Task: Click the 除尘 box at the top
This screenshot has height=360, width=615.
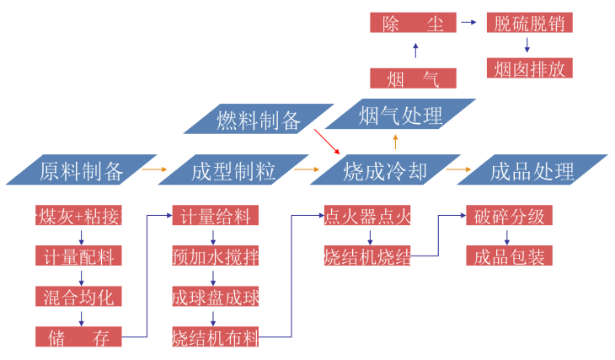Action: [413, 24]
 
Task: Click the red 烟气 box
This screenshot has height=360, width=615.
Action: [413, 79]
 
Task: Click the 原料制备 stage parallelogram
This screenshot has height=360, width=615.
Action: [81, 171]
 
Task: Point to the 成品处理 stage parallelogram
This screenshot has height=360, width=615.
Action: [532, 171]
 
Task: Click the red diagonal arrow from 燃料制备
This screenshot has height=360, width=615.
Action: [326, 141]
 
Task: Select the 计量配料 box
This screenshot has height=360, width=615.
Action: [79, 255]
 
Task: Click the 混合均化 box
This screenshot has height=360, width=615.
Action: [79, 296]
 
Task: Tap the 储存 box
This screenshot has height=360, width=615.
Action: [79, 337]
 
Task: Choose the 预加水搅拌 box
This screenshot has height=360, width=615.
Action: [216, 255]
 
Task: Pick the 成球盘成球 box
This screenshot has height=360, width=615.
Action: [216, 297]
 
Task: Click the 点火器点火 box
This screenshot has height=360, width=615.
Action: [367, 216]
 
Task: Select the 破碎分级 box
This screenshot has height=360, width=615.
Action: [509, 216]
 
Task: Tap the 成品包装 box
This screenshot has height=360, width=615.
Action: [509, 255]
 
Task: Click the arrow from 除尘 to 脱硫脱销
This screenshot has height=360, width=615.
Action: [469, 24]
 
